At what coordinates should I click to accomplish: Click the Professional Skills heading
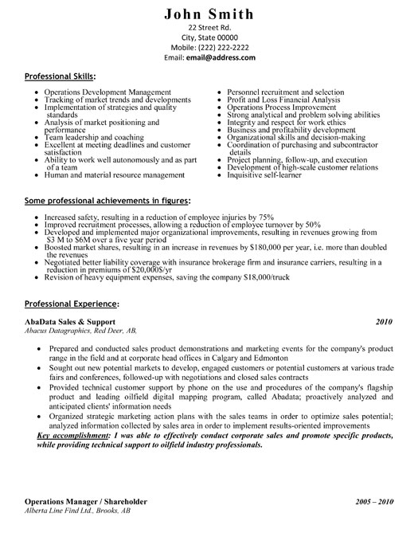(x=60, y=77)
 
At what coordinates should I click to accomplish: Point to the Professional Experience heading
(x=72, y=304)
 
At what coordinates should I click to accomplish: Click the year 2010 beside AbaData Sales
(x=384, y=321)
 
